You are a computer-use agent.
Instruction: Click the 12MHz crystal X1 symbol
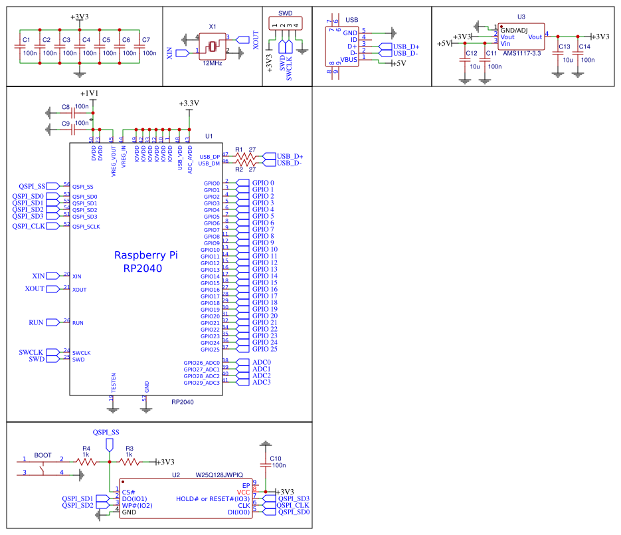click(x=212, y=45)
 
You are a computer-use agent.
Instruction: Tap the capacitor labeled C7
click(x=138, y=47)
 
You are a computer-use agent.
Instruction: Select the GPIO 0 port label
click(x=264, y=183)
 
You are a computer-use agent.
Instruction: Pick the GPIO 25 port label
click(x=265, y=349)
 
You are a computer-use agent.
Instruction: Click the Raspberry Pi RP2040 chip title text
click(x=145, y=262)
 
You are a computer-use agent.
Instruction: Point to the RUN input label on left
click(x=36, y=322)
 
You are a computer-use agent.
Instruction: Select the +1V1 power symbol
click(x=89, y=94)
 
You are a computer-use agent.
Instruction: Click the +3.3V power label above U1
click(x=189, y=104)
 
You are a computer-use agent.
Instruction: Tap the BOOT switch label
click(x=43, y=456)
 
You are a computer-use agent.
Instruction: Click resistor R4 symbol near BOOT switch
click(x=84, y=461)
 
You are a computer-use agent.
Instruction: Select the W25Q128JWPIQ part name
click(x=219, y=475)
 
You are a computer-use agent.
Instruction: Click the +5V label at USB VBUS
click(x=399, y=64)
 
